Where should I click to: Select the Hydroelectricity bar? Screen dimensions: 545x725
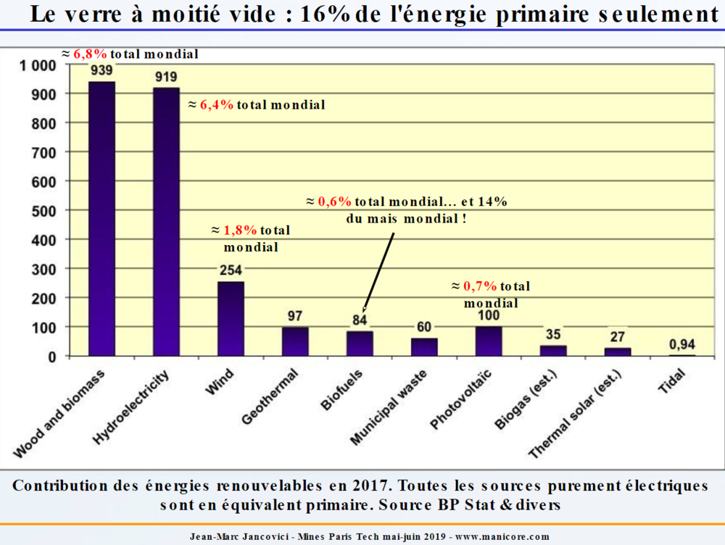166,222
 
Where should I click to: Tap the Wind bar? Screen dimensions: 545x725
231,319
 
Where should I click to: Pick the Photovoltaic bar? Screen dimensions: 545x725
489,341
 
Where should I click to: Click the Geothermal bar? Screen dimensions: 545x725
295,341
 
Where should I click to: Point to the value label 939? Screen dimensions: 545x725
101,70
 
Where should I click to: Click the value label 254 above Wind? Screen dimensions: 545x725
231,270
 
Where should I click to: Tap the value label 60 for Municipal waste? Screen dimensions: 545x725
424,327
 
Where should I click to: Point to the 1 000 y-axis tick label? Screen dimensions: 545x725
36,65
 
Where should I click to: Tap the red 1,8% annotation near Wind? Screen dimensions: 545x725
240,230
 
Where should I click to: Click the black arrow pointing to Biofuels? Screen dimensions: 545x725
378,272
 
